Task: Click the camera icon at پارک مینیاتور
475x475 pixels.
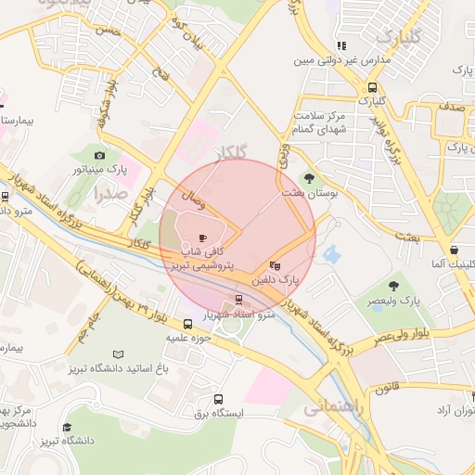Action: (x=99, y=156)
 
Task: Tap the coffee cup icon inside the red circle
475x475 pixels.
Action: (x=203, y=237)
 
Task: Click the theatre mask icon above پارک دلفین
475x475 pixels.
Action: (x=273, y=264)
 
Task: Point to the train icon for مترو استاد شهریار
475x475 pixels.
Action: (x=238, y=300)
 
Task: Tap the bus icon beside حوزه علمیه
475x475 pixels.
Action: (x=188, y=325)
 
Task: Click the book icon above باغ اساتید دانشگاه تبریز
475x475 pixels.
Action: (x=117, y=353)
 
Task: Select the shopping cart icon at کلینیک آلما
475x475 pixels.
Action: (x=453, y=249)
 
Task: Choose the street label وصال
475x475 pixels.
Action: (x=182, y=197)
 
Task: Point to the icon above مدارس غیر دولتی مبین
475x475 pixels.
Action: (x=341, y=45)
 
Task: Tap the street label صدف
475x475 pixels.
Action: (x=454, y=108)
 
